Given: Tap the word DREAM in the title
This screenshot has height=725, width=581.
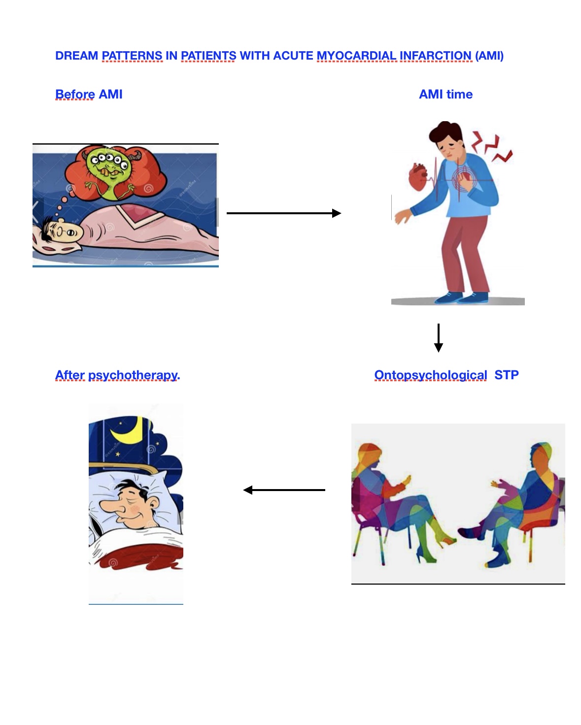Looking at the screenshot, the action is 76,56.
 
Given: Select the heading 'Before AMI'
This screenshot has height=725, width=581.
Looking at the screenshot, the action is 89,94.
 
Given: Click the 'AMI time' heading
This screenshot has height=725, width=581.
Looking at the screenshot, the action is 445,94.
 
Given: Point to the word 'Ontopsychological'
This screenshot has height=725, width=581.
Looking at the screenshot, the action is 430,375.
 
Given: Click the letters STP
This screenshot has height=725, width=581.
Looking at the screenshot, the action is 507,375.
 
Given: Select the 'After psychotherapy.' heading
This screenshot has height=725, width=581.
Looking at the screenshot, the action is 117,375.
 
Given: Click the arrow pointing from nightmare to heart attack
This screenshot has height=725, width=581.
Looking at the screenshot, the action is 283,213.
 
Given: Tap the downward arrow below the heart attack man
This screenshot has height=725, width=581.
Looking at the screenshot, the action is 438,338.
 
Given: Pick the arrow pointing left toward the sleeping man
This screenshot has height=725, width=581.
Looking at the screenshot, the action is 284,490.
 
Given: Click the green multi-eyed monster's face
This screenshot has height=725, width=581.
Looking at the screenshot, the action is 109,166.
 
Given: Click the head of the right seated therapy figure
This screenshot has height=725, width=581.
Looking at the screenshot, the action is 540,455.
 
